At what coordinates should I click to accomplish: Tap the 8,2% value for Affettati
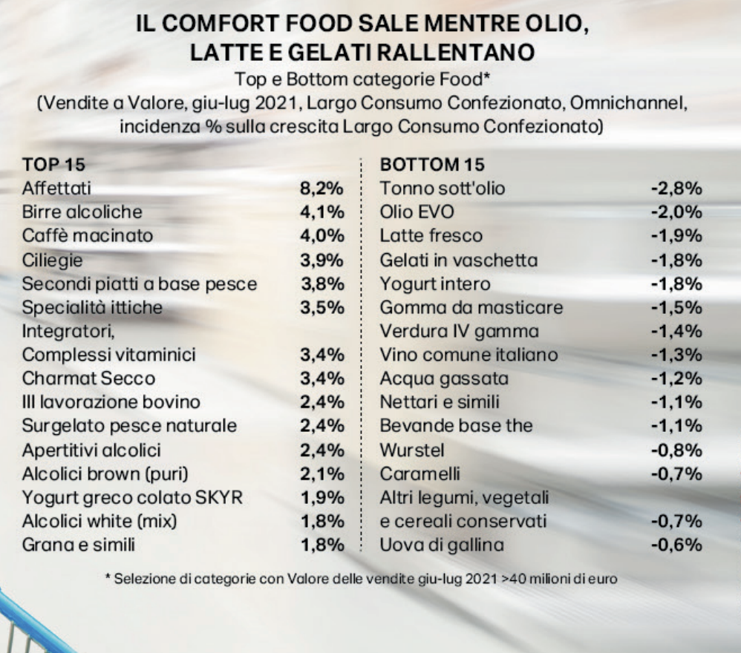321,188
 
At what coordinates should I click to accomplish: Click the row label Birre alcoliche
82,212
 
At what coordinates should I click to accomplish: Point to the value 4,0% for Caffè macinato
321,236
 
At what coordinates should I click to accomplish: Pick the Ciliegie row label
52,260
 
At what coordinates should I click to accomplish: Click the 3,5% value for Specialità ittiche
321,307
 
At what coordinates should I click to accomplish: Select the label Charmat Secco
88,378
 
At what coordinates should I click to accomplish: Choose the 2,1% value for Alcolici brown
321,473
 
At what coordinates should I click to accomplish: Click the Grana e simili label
79,545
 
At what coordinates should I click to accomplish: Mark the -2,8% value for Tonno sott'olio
676,188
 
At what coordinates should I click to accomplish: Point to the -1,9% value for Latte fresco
676,236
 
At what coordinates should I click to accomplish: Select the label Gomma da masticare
471,307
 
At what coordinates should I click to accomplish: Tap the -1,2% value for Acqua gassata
676,378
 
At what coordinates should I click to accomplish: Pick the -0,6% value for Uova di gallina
676,545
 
